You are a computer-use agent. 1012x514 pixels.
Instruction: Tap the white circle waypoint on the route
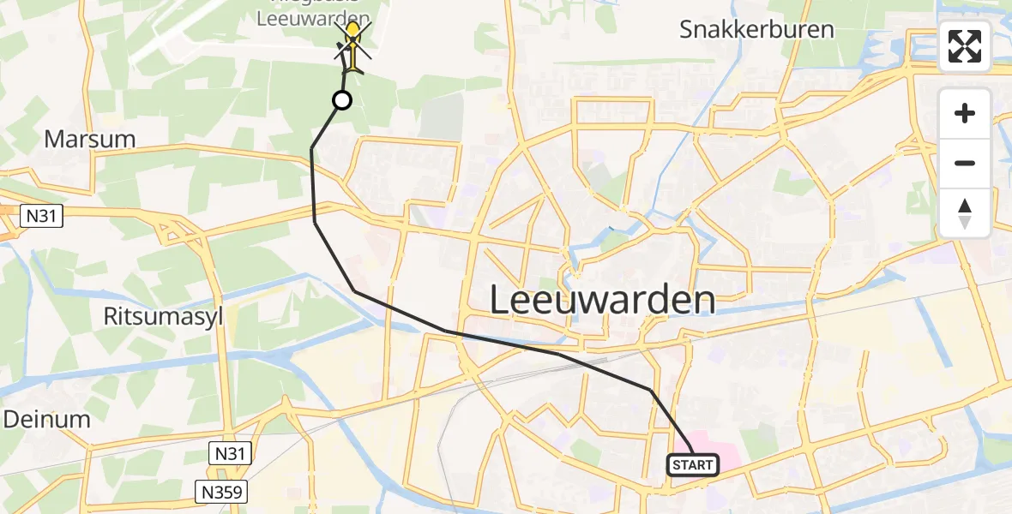(x=341, y=101)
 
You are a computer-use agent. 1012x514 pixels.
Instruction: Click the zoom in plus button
(x=965, y=113)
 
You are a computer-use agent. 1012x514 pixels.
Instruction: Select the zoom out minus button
(x=965, y=163)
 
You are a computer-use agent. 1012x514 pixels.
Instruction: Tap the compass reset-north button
(x=965, y=213)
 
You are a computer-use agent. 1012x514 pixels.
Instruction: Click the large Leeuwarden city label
(x=603, y=301)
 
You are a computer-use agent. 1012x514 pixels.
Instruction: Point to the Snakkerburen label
(x=756, y=29)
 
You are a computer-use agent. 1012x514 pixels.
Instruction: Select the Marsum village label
(x=90, y=139)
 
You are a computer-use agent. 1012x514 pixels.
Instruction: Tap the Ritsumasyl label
(x=164, y=316)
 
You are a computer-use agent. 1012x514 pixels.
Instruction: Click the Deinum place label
(x=47, y=419)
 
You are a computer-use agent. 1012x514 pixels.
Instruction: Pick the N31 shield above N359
(x=230, y=454)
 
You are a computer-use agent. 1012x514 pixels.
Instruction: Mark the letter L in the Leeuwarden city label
(x=500, y=301)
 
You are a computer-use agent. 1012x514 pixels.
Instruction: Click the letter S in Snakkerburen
(x=687, y=29)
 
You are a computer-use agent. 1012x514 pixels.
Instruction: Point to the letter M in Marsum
(x=52, y=139)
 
